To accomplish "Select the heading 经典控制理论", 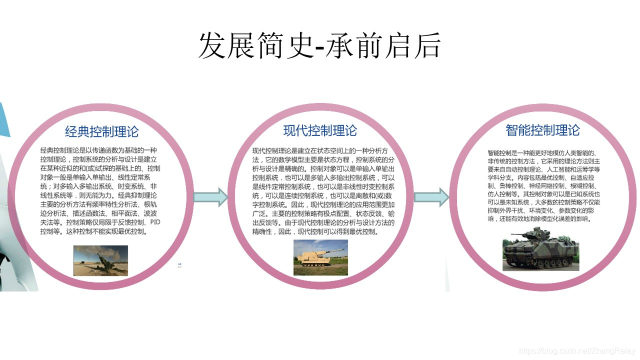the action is click(x=101, y=132).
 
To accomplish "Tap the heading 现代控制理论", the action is click(x=320, y=131).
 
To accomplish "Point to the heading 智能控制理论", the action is click(x=542, y=130).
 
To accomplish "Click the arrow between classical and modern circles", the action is click(x=210, y=197).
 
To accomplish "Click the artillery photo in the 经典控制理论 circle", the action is click(x=100, y=260).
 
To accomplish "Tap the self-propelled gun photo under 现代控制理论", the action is click(x=320, y=257).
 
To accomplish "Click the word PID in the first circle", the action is click(x=156, y=222).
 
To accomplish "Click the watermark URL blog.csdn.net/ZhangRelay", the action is click(x=577, y=351).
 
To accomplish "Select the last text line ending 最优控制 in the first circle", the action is click(x=93, y=232).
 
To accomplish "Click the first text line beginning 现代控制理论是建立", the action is click(x=323, y=150).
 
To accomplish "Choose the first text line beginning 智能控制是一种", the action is click(x=543, y=152).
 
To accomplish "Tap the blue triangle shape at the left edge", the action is click(x=4, y=120).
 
